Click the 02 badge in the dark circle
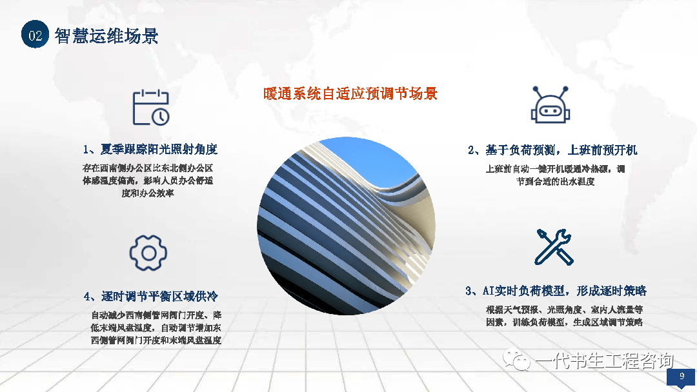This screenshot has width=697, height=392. pyautogui.click(x=35, y=34)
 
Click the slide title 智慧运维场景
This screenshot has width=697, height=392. pyautogui.click(x=106, y=36)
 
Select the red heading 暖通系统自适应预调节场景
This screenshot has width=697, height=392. pyautogui.click(x=350, y=93)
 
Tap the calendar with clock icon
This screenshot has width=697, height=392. pyautogui.click(x=151, y=108)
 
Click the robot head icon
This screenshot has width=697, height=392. pyautogui.click(x=551, y=105)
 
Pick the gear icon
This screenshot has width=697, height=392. pyautogui.click(x=148, y=253)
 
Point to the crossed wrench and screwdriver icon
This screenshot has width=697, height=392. pyautogui.click(x=554, y=247)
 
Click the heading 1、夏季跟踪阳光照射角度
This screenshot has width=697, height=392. pyautogui.click(x=150, y=149)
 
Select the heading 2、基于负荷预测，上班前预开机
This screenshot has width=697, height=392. pyautogui.click(x=552, y=150)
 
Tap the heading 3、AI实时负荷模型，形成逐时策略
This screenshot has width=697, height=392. pyautogui.click(x=556, y=291)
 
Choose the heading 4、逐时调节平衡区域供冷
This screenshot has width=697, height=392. pyautogui.click(x=150, y=296)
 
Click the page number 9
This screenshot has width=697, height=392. pyautogui.click(x=682, y=376)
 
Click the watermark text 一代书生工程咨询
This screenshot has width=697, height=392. pyautogui.click(x=605, y=360)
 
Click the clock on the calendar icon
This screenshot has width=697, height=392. pyautogui.click(x=161, y=117)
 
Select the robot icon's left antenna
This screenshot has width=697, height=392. pyautogui.click(x=539, y=92)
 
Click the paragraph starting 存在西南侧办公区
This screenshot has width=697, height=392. pyautogui.click(x=148, y=181)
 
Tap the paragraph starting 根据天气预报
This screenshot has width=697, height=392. pyautogui.click(x=564, y=316)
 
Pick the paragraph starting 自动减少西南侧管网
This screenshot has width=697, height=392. pyautogui.click(x=156, y=328)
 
